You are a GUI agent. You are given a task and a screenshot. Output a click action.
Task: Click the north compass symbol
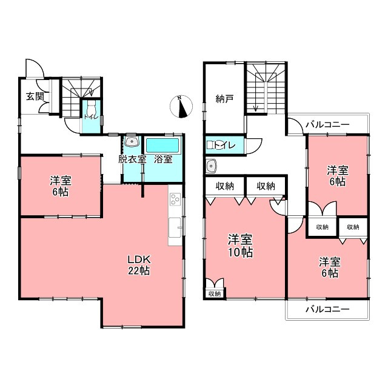coord(181,107)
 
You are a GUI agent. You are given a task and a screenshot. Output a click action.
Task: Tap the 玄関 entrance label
coord(35,96)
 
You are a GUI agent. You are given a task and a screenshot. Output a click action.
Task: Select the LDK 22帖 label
coord(139,266)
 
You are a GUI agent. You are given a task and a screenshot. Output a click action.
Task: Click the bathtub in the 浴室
coord(162,145)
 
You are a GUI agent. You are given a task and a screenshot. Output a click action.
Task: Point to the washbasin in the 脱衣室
coord(132,141)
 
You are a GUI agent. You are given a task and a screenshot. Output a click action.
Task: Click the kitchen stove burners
coord(175,199)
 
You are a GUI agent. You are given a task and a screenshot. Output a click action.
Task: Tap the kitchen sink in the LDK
coord(175,228)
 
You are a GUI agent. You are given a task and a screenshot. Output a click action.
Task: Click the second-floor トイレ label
coord(225,145)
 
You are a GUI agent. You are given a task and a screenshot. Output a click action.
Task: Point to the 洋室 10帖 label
coord(240,246)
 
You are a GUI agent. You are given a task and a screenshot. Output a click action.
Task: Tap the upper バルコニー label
coord(327,124)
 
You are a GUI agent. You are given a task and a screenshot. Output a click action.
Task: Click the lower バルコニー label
coord(327,309)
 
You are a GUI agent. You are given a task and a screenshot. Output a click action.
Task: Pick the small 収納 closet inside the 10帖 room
coord(215,294)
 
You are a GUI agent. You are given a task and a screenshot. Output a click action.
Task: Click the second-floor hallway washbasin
coord(212,166)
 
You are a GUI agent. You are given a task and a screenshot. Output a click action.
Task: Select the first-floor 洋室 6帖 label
coord(61,186)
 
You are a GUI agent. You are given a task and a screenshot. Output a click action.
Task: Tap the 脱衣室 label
coord(132,159)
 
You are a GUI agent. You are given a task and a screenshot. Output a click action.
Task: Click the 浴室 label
coord(163,159)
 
